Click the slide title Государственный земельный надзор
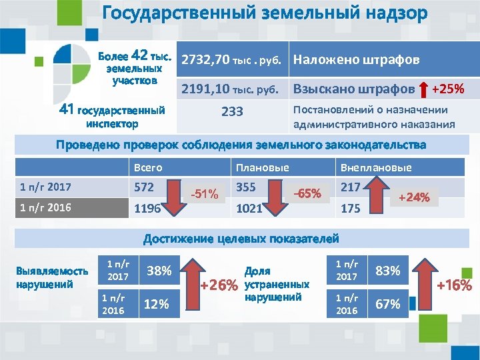(x=264, y=15)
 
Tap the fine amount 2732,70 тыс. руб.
(x=232, y=60)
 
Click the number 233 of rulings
(x=232, y=112)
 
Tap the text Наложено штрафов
(x=356, y=60)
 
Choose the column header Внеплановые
(x=376, y=168)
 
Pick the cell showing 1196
(x=147, y=209)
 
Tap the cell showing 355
(x=247, y=187)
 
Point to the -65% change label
(x=307, y=194)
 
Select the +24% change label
(x=414, y=197)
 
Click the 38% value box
(x=159, y=271)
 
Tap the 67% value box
(x=388, y=305)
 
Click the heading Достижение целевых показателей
(x=241, y=238)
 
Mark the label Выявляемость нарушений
(x=51, y=277)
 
